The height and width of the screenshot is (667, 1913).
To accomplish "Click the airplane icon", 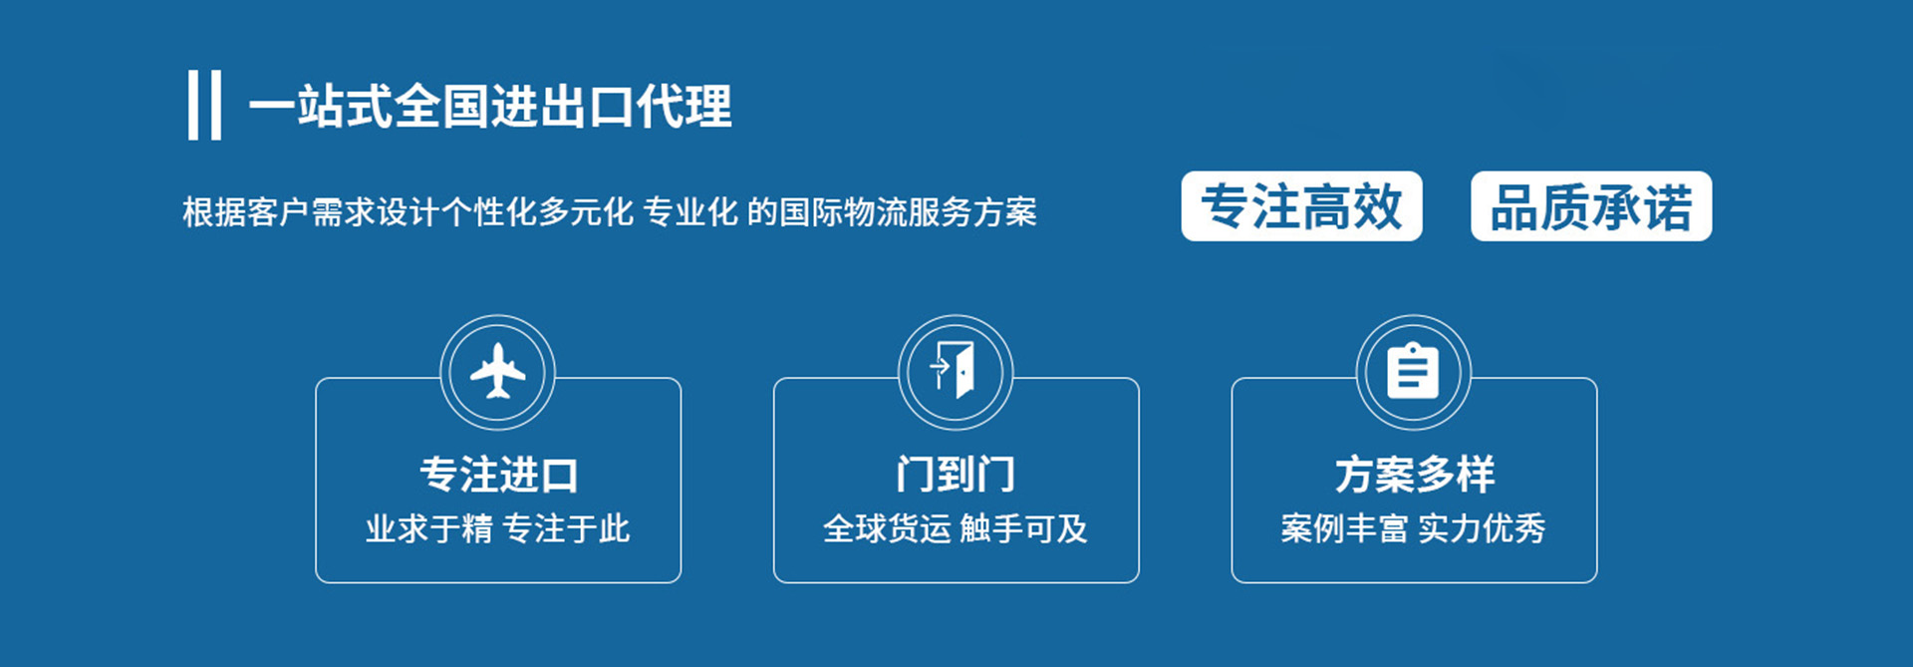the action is coord(497,372).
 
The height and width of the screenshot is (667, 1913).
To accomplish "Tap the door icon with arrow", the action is coord(954,370).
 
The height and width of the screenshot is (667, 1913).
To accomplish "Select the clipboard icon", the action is coord(1413,370).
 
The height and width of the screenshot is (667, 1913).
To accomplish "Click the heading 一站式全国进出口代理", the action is coord(490,106).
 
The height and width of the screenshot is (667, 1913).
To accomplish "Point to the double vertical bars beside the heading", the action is coord(204,105).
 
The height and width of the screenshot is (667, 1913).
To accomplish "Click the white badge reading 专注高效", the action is coord(1301,206).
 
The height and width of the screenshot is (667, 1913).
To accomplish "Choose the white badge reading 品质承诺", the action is coord(1591,206).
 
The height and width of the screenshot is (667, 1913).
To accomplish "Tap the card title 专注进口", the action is coord(498,475).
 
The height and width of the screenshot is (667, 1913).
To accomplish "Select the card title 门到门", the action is coord(956,475).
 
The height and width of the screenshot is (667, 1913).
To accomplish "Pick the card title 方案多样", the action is coord(1415,475).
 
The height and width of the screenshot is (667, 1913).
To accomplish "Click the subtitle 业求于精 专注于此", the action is coord(497,528).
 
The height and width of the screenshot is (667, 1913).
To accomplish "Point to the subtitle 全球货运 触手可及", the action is coord(956,528).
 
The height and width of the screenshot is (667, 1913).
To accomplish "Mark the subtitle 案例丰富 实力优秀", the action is coord(1413,528).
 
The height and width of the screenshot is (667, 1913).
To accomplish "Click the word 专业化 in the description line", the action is coord(690,212).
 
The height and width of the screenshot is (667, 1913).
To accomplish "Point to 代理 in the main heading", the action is coord(684,106).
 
